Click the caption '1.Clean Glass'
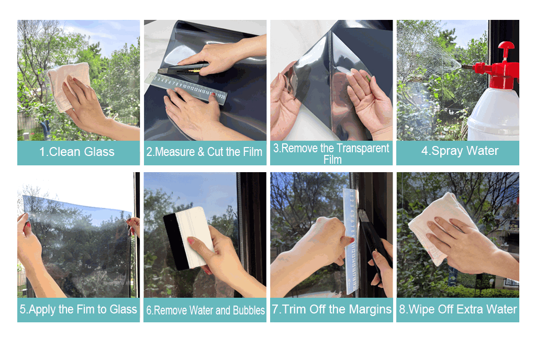pyautogui.click(x=77, y=152)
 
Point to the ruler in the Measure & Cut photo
pyautogui.click(x=185, y=87)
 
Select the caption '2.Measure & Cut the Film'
pyautogui.click(x=204, y=152)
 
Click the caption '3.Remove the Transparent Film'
pyautogui.click(x=331, y=153)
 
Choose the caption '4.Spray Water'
pyautogui.click(x=460, y=151)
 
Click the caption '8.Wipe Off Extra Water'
pyautogui.click(x=458, y=309)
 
